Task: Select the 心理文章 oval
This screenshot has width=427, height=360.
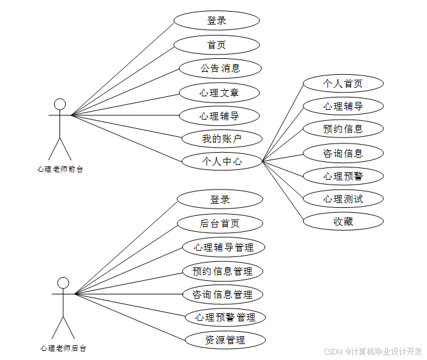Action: [x=219, y=92]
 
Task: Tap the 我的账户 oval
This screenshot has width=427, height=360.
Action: [x=221, y=139]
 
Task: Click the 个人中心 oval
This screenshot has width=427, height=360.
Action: [x=221, y=161]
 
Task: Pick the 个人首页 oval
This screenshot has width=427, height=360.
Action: [x=343, y=83]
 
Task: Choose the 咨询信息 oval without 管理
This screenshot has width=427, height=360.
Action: [x=343, y=153]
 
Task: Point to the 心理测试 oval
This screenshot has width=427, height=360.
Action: [x=343, y=199]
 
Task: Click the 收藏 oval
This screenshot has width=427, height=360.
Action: [x=343, y=221]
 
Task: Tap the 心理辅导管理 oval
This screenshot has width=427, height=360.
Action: [x=223, y=247]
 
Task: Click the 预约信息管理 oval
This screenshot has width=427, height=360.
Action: [x=222, y=270]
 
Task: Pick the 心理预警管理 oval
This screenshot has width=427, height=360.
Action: [x=225, y=317]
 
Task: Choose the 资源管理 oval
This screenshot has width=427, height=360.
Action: [x=225, y=340]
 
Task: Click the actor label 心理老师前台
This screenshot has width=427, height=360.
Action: [x=60, y=169]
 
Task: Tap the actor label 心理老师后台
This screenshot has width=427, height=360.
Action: [x=63, y=348]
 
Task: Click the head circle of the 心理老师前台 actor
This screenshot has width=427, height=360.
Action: [x=60, y=103]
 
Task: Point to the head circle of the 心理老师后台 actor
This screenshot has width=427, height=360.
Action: [x=63, y=283]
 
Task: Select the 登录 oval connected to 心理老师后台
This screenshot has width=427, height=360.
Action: [x=220, y=199]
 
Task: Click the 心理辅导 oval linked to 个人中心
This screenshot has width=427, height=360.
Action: [x=343, y=106]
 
